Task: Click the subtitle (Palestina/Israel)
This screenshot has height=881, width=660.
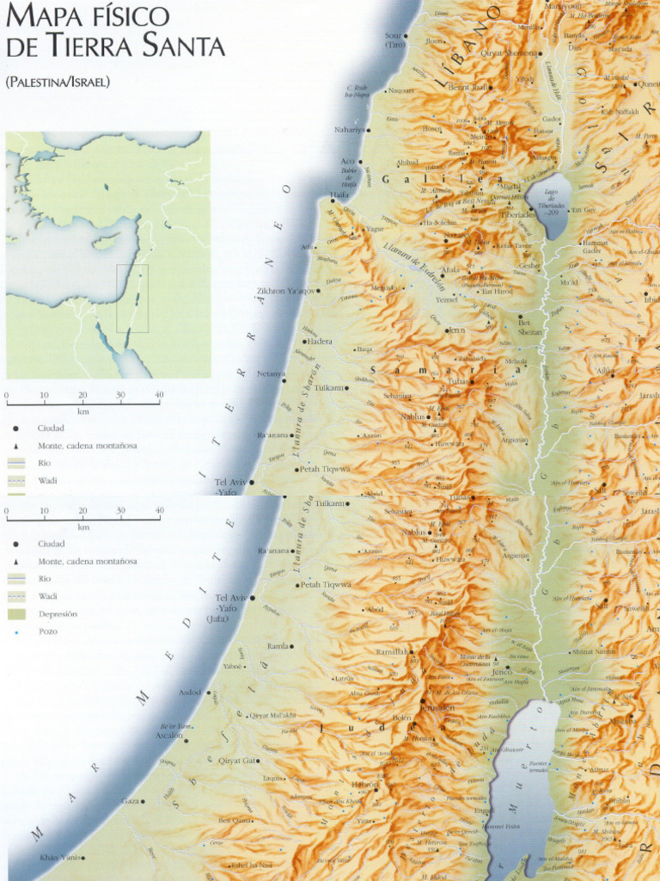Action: pos(58,83)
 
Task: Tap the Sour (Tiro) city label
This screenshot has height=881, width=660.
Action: pos(394,40)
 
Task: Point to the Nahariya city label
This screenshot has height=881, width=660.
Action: pos(350,130)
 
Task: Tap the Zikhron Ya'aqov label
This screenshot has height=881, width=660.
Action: pos(286,291)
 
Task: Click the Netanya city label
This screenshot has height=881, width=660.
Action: pos(271,373)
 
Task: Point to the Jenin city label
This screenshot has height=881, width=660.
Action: pos(456,330)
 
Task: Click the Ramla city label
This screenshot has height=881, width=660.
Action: pos(278,645)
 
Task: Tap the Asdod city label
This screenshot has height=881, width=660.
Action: pos(189,692)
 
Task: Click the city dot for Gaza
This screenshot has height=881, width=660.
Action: pos(143,801)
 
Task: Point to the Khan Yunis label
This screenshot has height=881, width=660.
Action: pos(61,857)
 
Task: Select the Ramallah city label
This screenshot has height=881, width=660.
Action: pos(393,652)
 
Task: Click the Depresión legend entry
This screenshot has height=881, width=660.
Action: pos(58,614)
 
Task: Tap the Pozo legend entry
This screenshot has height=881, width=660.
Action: pos(47,631)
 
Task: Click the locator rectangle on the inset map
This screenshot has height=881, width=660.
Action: pos(132,299)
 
